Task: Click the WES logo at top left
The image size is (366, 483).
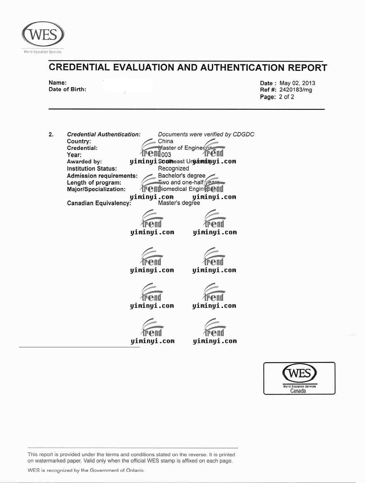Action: point(43,35)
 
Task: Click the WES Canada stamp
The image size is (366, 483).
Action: point(299,378)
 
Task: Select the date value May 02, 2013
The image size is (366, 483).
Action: point(297,83)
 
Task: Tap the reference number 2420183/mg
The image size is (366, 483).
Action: point(296,90)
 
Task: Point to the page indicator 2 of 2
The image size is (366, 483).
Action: point(286,97)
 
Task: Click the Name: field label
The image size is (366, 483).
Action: point(58,83)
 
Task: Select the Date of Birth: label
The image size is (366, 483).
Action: point(68,89)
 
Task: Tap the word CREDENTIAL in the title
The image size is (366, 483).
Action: point(79,67)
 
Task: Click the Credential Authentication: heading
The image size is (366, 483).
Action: point(104,135)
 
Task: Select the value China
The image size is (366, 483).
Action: point(165,141)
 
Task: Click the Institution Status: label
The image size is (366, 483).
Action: point(92,169)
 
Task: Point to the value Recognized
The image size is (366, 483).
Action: point(173,168)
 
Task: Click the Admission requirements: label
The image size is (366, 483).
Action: point(102,176)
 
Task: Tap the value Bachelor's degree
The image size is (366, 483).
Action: point(182,176)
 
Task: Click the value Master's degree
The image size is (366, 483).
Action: point(179,203)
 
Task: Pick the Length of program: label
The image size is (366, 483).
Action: point(94,183)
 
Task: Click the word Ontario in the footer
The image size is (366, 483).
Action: point(135,470)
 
